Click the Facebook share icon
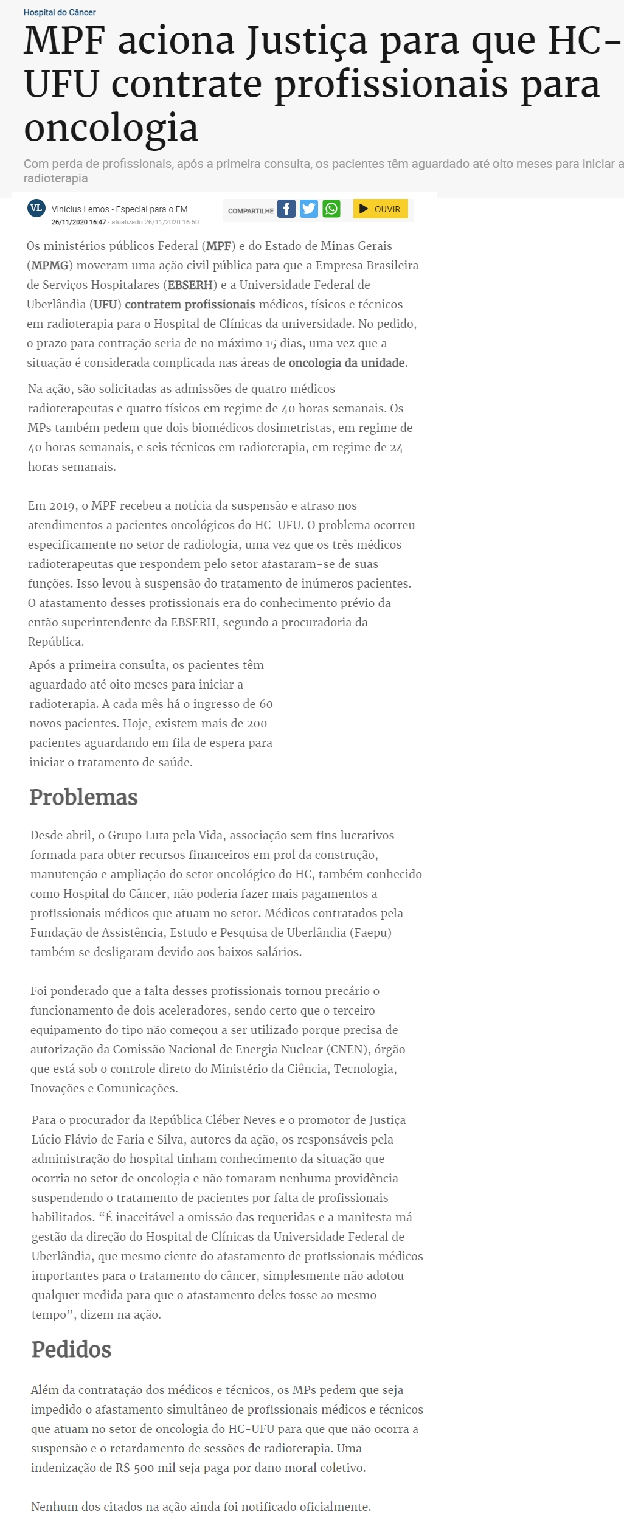click(x=286, y=209)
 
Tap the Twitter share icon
click(x=309, y=209)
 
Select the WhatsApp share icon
click(x=331, y=209)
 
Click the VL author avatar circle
click(x=36, y=208)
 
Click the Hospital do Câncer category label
click(x=60, y=12)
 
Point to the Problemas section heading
click(x=84, y=797)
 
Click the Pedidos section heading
click(x=72, y=1349)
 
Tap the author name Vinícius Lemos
click(x=80, y=209)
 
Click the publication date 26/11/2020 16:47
click(x=78, y=222)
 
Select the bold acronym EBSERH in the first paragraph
click(x=190, y=285)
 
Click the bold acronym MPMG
click(x=50, y=265)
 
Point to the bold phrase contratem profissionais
click(x=190, y=304)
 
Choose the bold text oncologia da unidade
click(x=347, y=363)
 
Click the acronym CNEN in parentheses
click(x=348, y=1049)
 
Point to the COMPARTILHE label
click(x=251, y=211)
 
